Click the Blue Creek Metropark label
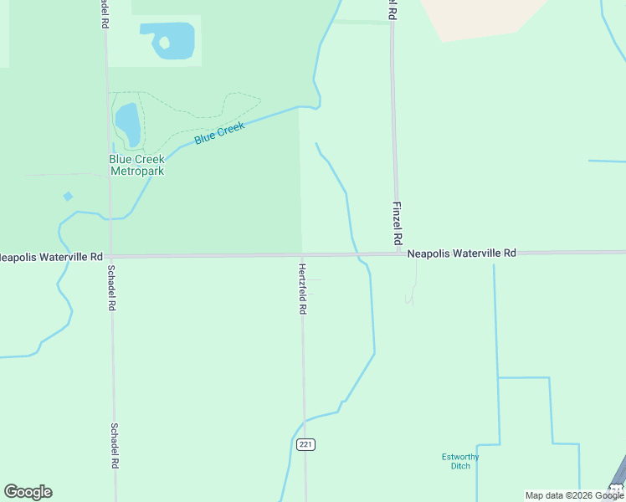136,165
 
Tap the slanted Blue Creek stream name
219,133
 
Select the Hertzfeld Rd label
303,289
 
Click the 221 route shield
305,444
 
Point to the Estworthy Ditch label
460,460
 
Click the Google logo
28,492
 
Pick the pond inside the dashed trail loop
127,124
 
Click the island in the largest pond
164,41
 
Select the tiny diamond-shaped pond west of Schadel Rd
68,197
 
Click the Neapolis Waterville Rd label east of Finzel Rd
462,252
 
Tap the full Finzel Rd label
398,223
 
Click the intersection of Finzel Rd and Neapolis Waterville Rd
399,254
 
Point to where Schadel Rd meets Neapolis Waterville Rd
110,256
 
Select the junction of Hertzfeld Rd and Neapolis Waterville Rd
303,255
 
